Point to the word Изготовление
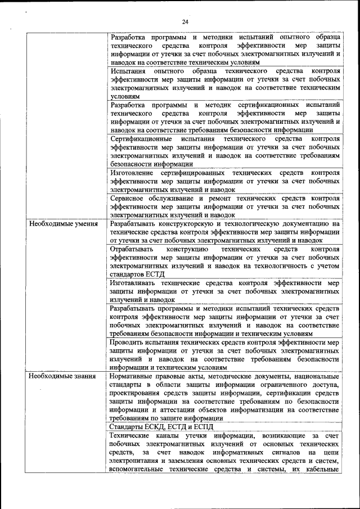[x=133, y=173]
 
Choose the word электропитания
[x=137, y=461]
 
